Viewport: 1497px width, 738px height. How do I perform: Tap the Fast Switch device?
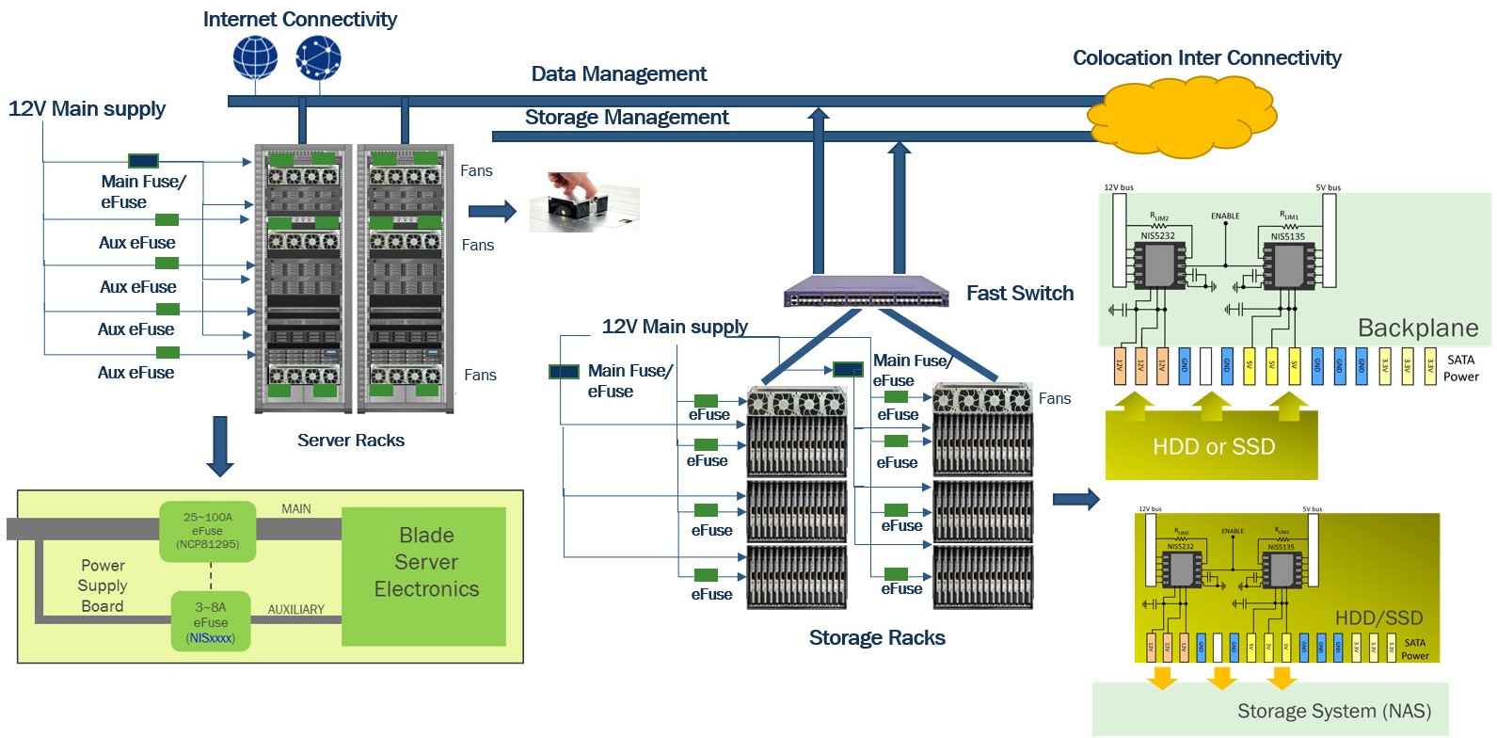point(867,293)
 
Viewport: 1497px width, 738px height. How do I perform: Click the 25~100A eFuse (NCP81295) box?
point(208,531)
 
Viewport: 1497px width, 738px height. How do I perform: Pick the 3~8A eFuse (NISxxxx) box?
point(211,622)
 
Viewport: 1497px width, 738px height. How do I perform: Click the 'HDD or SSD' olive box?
point(1212,446)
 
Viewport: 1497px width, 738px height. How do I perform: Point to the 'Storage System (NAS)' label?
point(1333,712)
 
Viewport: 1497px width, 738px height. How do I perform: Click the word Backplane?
point(1417,329)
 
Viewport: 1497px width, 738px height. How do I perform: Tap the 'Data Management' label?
point(618,74)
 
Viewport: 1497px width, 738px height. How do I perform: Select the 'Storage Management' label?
point(627,118)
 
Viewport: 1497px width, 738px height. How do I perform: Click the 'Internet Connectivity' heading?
point(299,20)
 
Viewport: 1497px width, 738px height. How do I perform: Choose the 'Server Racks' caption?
point(350,441)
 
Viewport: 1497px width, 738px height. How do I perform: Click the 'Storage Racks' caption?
point(876,638)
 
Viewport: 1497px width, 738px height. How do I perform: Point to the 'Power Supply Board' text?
point(103,586)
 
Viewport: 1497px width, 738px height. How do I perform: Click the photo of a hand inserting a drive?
point(583,201)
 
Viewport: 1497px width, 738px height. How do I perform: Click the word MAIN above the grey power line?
point(295,509)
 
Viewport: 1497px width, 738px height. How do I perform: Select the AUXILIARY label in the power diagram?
point(295,610)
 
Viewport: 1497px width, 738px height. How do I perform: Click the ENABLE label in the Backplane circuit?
point(1224,217)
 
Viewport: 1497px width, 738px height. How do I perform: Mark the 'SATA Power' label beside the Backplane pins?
point(1460,368)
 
